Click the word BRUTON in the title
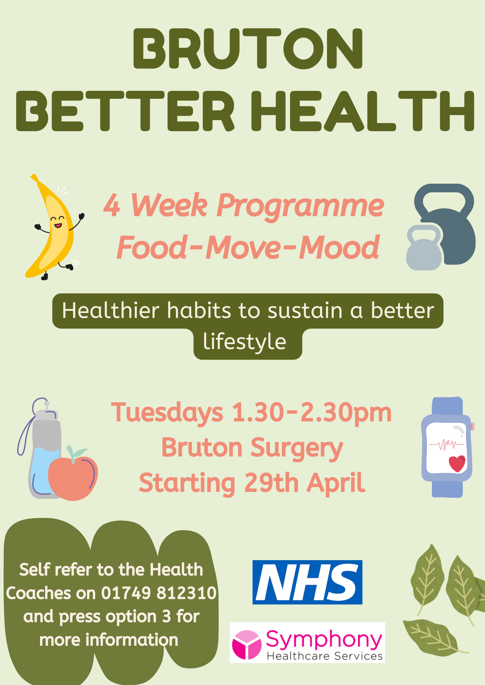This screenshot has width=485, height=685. tap(248, 49)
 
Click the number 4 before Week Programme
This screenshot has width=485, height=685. tap(112, 205)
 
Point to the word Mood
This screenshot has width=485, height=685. tap(339, 247)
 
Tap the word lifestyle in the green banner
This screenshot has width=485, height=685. tap(245, 342)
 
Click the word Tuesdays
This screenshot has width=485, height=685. tap(167, 412)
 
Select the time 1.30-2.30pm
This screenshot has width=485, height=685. tap(312, 413)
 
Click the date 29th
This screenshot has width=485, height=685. tap(271, 483)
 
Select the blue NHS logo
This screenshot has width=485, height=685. tap(307, 582)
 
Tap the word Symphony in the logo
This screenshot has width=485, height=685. tap(324, 640)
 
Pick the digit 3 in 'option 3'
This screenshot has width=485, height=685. tap(167, 616)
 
